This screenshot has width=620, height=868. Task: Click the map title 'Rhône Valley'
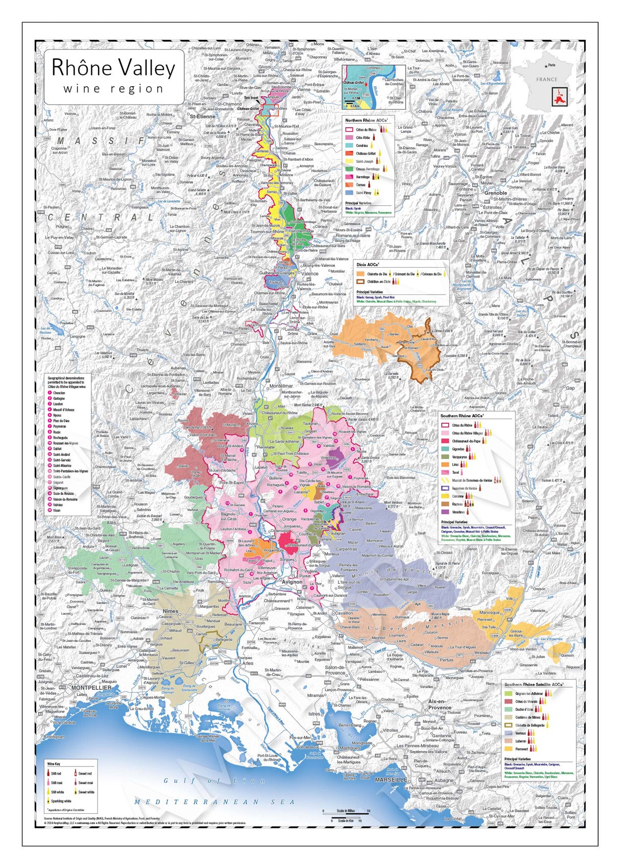pyautogui.click(x=113, y=68)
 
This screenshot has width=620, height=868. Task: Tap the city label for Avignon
pyautogui.click(x=292, y=582)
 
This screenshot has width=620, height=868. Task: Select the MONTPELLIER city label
pyautogui.click(x=91, y=688)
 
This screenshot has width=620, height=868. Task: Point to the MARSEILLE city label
pyautogui.click(x=391, y=780)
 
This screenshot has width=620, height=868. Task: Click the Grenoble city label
pyautogui.click(x=495, y=193)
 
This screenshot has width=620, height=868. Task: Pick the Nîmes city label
pyautogui.click(x=170, y=611)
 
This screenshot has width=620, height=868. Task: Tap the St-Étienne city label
pyautogui.click(x=202, y=116)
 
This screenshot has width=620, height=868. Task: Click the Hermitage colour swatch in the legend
pyautogui.click(x=349, y=177)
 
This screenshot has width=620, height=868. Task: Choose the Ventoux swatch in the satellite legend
pyautogui.click(x=508, y=733)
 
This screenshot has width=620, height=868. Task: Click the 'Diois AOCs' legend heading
pyautogui.click(x=368, y=265)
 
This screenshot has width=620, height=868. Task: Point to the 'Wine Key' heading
pyautogui.click(x=54, y=764)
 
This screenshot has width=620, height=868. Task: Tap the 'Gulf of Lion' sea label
pyautogui.click(x=214, y=781)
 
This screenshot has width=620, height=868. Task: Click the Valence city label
pyautogui.click(x=309, y=274)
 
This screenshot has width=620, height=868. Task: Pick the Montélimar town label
pyautogui.click(x=281, y=387)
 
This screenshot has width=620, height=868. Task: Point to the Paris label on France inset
pyautogui.click(x=551, y=65)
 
